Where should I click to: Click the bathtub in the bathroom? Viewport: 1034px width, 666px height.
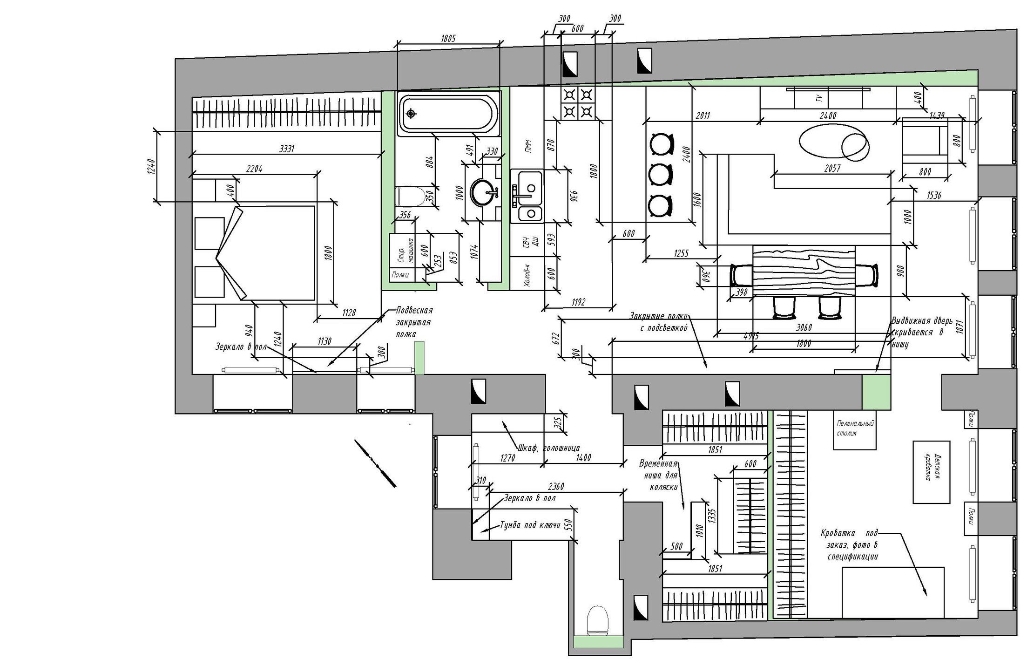tap(448, 113)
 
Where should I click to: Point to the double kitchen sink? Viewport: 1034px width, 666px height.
tap(527, 196)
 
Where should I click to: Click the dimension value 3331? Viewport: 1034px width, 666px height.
tap(288, 149)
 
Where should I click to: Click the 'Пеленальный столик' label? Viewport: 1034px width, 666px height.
tap(854, 428)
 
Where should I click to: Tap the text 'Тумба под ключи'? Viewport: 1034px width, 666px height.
tap(529, 525)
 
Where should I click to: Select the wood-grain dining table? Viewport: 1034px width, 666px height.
tap(804, 270)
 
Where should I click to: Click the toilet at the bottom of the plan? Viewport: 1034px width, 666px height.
tap(597, 619)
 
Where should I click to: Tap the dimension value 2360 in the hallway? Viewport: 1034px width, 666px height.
tap(556, 487)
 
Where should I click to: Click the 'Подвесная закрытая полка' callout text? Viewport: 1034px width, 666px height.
tap(414, 322)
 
